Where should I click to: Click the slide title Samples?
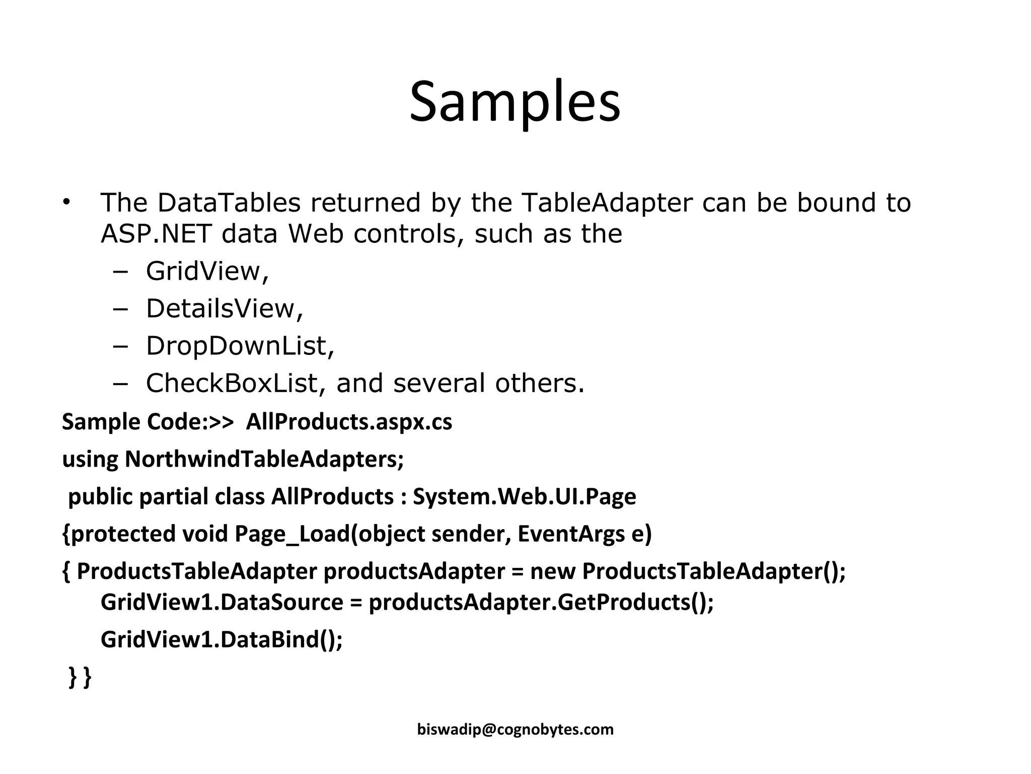point(515,102)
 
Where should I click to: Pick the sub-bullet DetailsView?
point(225,308)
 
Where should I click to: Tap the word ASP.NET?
point(156,234)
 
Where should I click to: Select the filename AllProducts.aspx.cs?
point(349,422)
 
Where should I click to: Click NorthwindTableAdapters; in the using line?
point(264,459)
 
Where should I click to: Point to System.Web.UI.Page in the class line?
point(525,496)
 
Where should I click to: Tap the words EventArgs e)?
point(584,534)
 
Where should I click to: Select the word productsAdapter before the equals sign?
point(414,571)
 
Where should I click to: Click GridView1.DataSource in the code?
point(222,602)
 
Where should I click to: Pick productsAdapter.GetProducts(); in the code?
point(541,602)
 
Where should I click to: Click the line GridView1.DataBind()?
point(222,639)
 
